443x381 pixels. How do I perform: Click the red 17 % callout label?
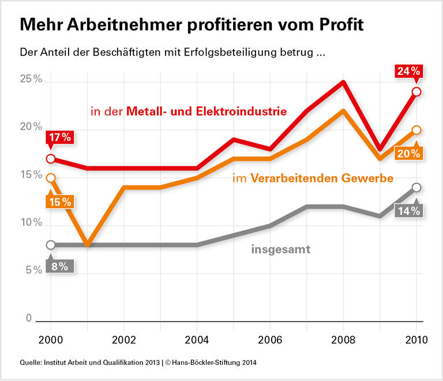tap(59, 139)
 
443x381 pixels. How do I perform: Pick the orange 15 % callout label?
tap(59, 201)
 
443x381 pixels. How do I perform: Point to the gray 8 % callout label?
tap(59, 266)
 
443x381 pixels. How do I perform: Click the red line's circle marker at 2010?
tap(416, 92)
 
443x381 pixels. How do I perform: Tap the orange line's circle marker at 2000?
tap(51, 178)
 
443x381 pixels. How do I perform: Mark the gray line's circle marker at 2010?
tap(416, 187)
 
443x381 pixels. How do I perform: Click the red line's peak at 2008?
tap(343, 82)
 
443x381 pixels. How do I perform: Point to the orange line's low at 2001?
tap(87, 245)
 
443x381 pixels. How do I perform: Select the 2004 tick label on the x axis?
tap(197, 339)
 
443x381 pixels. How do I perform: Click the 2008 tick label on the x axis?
tap(343, 339)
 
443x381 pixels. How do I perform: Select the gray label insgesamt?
tap(281, 249)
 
